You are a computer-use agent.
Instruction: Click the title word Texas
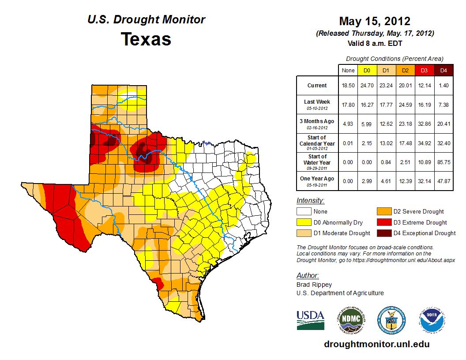pyautogui.click(x=146, y=39)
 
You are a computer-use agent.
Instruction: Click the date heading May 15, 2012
pyautogui.click(x=375, y=21)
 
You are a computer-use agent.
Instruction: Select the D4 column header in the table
pyautogui.click(x=443, y=70)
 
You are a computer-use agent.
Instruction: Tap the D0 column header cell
pyautogui.click(x=367, y=70)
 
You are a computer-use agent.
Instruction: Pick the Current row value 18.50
pyautogui.click(x=348, y=86)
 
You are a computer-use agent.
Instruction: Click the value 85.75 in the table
pyautogui.click(x=443, y=162)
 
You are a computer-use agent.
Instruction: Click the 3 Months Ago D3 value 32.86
pyautogui.click(x=424, y=124)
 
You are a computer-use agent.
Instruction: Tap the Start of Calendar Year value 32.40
pyautogui.click(x=443, y=143)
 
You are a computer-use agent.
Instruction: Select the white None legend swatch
pyautogui.click(x=304, y=212)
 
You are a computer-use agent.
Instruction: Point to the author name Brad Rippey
pyautogui.click(x=314, y=285)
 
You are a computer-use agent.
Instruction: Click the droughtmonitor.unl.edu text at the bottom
pyautogui.click(x=376, y=344)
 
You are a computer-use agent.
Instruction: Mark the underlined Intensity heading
pyautogui.click(x=310, y=201)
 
